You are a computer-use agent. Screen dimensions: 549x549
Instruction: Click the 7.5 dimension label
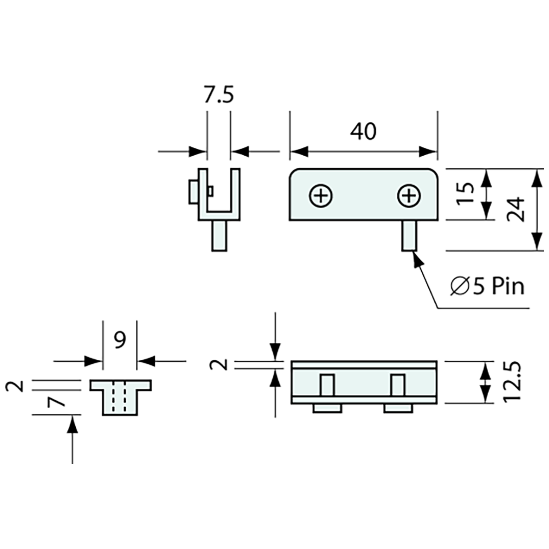point(219,95)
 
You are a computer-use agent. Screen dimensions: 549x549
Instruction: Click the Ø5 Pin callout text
point(487,286)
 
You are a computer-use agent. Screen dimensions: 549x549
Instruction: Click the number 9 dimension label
point(120,340)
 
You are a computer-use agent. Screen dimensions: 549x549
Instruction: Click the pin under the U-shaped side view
point(219,236)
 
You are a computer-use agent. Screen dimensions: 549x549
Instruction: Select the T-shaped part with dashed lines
point(120,397)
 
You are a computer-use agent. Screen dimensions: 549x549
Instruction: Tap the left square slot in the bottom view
point(327,384)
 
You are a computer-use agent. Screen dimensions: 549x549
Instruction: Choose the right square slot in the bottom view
point(398,384)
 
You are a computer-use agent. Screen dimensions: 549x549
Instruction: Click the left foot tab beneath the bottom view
point(327,409)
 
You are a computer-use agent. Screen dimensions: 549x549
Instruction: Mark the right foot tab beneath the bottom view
point(398,409)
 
